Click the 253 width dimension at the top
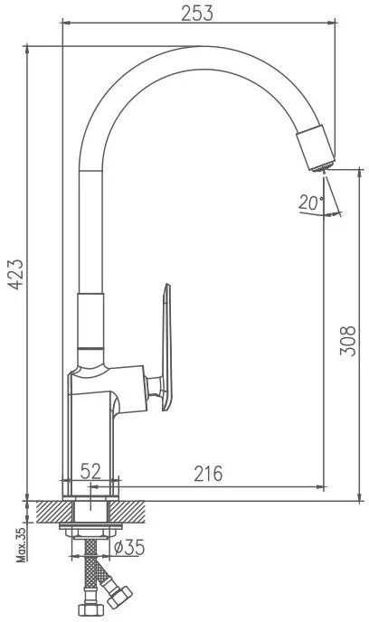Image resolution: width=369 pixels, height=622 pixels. pyautogui.click(x=197, y=13)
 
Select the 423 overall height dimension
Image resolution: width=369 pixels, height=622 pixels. pyautogui.click(x=16, y=275)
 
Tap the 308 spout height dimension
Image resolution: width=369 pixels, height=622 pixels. pyautogui.click(x=348, y=341)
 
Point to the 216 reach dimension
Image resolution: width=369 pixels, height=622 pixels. pyautogui.click(x=208, y=474)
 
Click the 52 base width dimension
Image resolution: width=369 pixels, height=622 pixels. pyautogui.click(x=90, y=471)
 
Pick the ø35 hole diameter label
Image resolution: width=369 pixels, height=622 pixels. pyautogui.click(x=129, y=548)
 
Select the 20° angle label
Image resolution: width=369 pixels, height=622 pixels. pyautogui.click(x=311, y=203)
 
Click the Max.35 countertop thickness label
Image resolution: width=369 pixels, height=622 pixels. pyautogui.click(x=21, y=542)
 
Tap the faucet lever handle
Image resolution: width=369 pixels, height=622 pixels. pyautogui.click(x=167, y=346)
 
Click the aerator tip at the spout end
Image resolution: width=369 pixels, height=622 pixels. pyautogui.click(x=324, y=167)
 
